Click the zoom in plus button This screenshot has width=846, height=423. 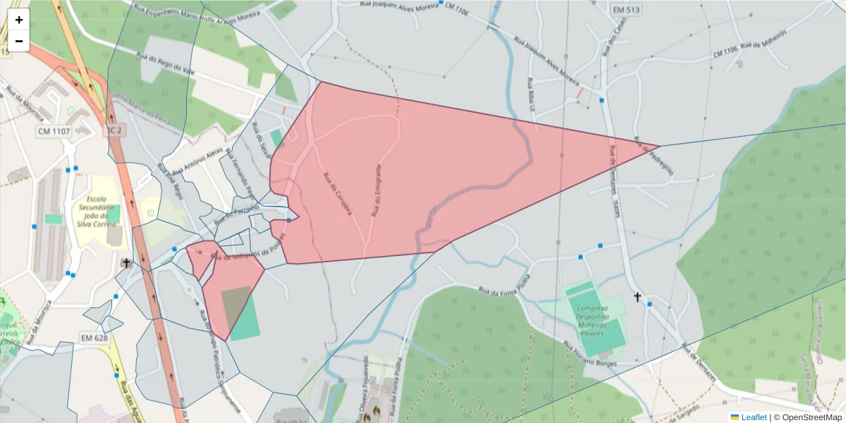pos(18,20)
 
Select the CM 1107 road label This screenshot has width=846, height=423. pos(54,131)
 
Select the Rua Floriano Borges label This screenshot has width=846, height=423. pos(590,354)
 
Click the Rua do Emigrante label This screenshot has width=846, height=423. pos(377,191)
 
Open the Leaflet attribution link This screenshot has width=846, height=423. pos(754,417)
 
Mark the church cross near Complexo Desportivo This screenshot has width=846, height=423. pos(638,298)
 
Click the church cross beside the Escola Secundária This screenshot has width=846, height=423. pos(127,263)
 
